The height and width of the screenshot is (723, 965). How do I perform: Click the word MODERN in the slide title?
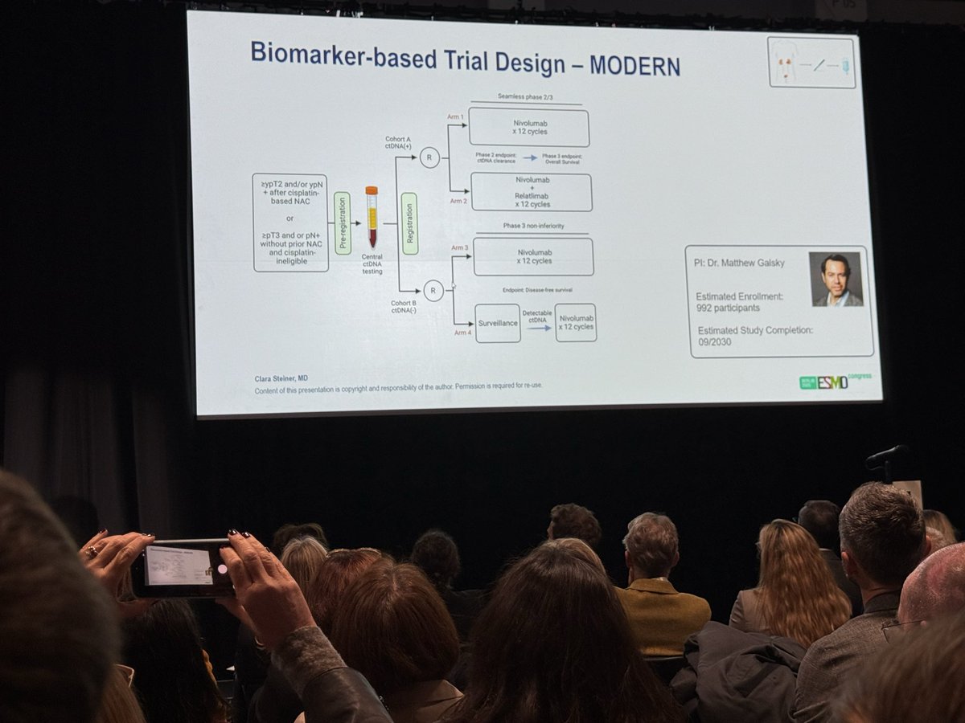pos(634,66)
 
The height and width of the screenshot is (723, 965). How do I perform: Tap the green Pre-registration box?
pos(343,223)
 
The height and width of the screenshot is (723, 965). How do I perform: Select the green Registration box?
pos(409,223)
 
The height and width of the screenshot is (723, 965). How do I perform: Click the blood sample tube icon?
pos(372,217)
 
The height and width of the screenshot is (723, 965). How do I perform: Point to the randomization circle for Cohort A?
pos(429,157)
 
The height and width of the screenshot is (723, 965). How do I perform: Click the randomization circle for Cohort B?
pos(433,291)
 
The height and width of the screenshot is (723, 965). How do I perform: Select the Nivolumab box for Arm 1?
pos(528,128)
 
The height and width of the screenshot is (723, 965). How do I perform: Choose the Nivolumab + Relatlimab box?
pos(531,193)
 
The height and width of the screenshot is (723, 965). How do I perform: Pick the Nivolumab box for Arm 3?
pos(533,257)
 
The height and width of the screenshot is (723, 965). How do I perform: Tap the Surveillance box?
pos(498,323)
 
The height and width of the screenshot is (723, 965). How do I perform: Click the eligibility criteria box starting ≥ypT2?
pos(289,223)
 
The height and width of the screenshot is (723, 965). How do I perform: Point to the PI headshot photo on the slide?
pos(836,280)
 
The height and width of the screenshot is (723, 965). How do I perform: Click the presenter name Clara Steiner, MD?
pos(281,378)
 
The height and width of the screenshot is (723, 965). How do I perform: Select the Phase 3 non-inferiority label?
pos(532,227)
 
